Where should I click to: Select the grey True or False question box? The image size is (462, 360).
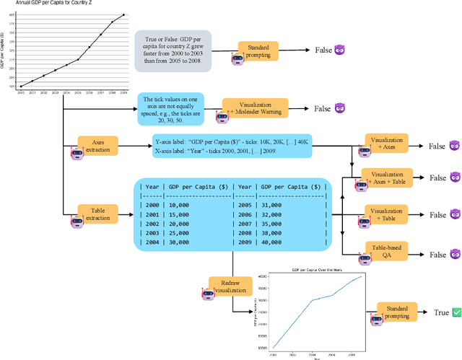(173, 51)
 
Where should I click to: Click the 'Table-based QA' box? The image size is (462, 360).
(387, 251)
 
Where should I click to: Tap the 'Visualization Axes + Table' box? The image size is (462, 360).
(387, 177)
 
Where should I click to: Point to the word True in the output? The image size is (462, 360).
(440, 313)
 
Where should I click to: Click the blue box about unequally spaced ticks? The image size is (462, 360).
(173, 109)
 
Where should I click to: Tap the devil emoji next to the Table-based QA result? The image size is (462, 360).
(456, 254)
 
